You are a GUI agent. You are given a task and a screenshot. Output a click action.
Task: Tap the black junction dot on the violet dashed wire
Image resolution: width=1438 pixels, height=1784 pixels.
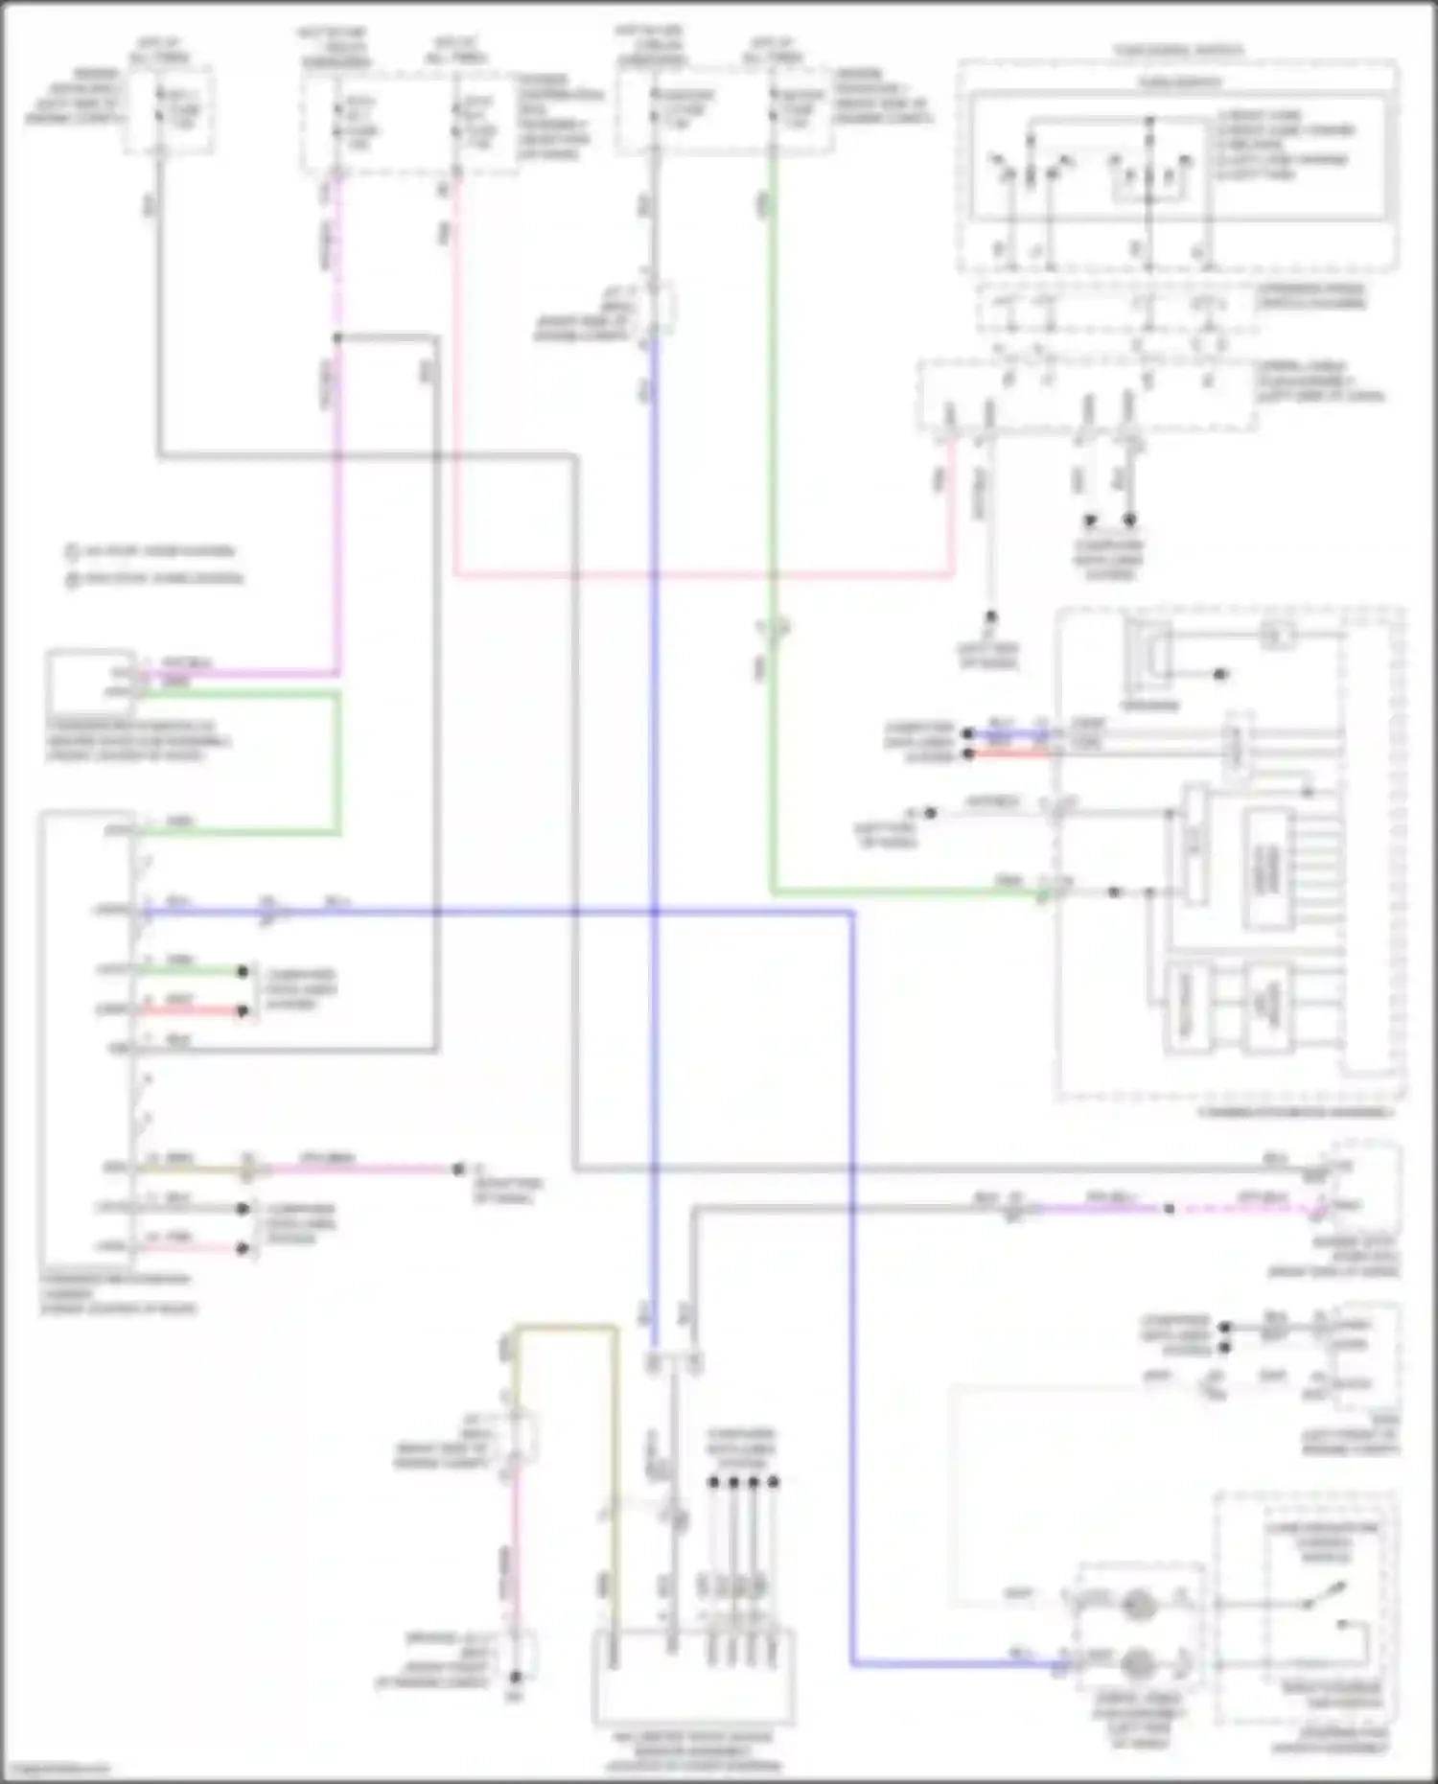[337, 337]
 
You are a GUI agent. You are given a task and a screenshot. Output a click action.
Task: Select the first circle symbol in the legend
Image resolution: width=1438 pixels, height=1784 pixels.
[72, 552]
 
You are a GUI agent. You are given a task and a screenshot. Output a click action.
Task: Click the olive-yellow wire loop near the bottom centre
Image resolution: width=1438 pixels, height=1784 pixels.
[566, 1329]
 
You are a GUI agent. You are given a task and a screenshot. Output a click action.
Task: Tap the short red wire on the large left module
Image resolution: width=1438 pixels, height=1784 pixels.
[192, 1010]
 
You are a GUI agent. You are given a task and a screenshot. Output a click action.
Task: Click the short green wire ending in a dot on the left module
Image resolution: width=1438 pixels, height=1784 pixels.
[192, 971]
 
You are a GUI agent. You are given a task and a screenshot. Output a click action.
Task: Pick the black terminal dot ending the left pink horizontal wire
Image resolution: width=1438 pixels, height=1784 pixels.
[458, 1170]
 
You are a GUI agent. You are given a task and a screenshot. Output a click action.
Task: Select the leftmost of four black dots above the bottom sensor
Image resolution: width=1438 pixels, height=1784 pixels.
[713, 1482]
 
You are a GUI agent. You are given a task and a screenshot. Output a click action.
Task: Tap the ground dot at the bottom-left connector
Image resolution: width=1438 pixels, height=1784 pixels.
[516, 1677]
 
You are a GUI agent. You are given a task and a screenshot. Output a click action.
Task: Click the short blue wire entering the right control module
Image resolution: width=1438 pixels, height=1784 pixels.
[1007, 733]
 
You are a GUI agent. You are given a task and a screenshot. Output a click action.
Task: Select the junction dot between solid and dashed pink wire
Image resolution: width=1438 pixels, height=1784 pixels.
[1170, 1209]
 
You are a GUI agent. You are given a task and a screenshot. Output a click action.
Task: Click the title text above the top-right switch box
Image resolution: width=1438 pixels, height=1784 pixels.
[1179, 50]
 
